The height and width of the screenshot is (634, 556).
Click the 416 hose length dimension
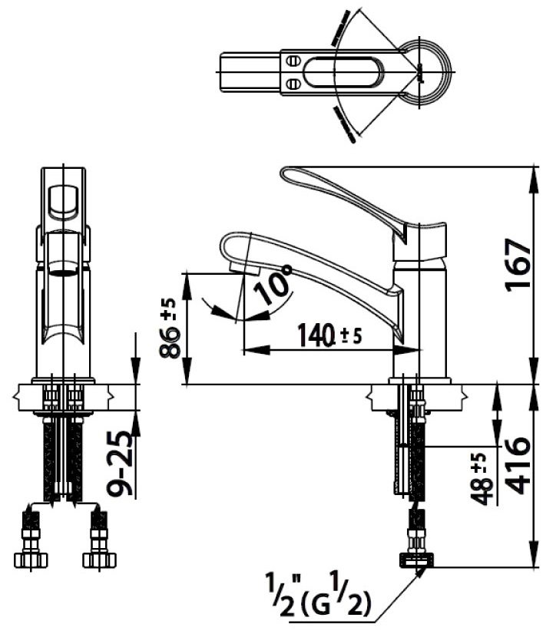pos(518,465)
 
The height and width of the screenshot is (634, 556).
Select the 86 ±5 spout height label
pos(171,328)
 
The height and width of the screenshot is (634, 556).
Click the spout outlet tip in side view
pos(243,269)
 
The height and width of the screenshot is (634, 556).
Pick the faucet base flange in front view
pos(63,381)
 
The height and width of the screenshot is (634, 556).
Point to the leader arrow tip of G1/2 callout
pos(421,573)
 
